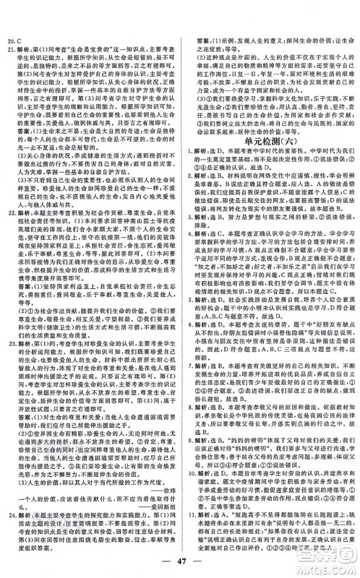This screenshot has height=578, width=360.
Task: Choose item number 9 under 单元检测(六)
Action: tap(190, 499)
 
